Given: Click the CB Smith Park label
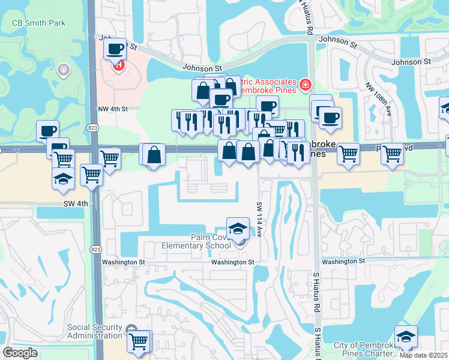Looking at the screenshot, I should [39, 23].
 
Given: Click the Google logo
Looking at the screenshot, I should [20, 352].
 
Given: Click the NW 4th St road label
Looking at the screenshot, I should [113, 109].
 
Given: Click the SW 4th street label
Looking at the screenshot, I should [76, 203].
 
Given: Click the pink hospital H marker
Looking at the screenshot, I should [119, 64].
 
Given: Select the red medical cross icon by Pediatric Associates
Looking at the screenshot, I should [306, 85].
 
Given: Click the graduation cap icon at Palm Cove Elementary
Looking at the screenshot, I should [238, 229].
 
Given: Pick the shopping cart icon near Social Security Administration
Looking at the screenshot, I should [139, 341].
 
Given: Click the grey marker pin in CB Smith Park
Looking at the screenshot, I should [62, 71].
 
